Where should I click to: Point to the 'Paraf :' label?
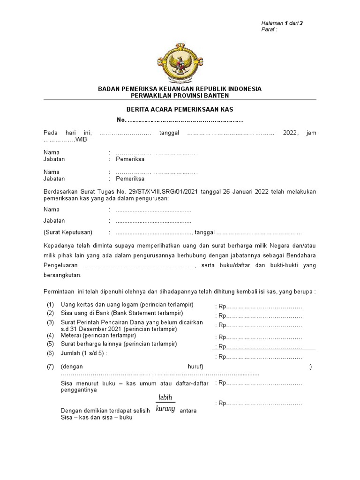[x=270, y=30]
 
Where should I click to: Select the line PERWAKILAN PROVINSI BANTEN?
[x=180, y=96]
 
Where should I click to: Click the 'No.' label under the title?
[x=121, y=120]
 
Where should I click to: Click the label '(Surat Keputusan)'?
[x=68, y=232]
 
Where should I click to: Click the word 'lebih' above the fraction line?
[x=165, y=397]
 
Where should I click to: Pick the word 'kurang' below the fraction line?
[x=165, y=409]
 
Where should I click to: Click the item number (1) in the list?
[x=50, y=305]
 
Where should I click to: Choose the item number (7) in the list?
[x=50, y=367]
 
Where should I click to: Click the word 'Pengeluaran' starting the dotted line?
[x=59, y=266]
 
